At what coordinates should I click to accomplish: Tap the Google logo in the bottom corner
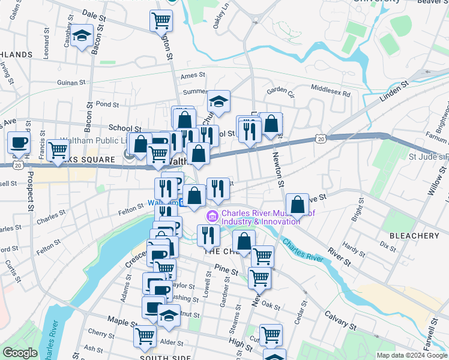tap(20, 352)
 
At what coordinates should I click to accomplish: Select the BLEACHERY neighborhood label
tap(414, 236)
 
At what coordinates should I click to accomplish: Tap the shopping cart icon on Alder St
tap(145, 338)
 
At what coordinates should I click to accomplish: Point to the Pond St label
tap(107, 104)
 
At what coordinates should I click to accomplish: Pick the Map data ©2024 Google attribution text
tap(412, 355)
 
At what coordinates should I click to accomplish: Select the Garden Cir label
tap(281, 91)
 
